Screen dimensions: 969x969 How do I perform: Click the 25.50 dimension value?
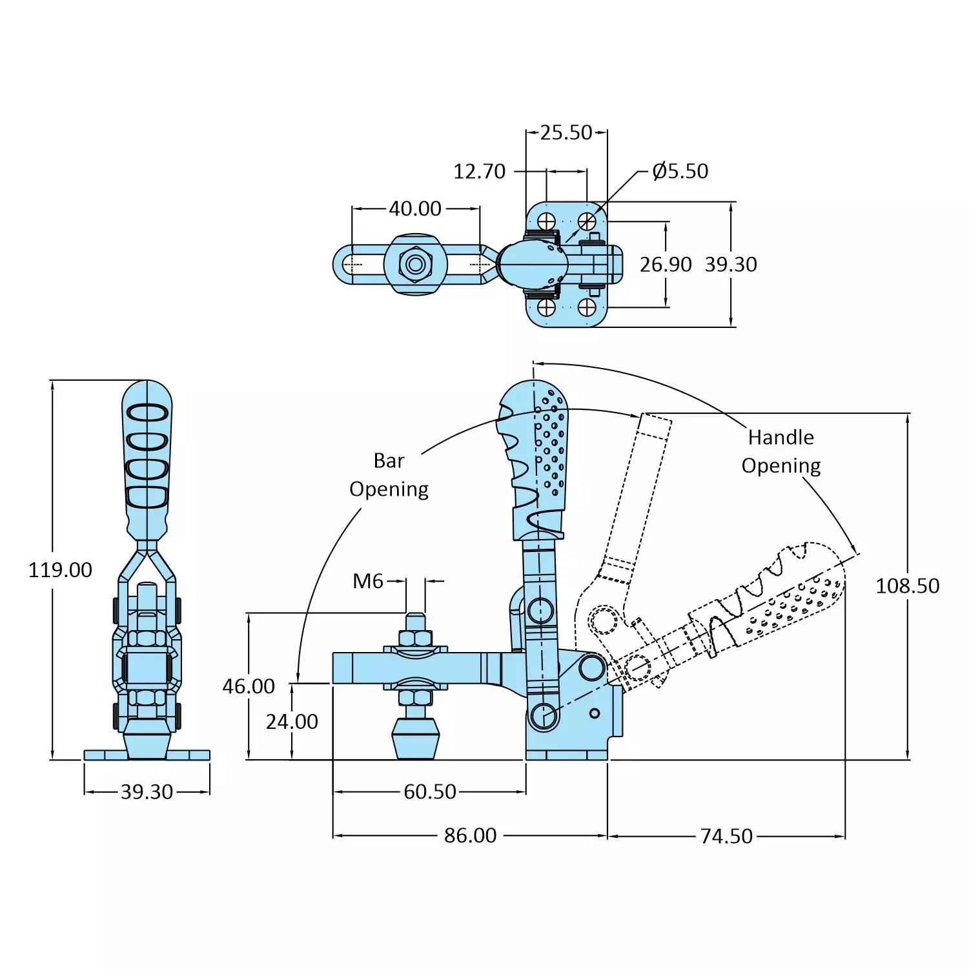tap(566, 133)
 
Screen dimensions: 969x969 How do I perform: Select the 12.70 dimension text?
tap(479, 172)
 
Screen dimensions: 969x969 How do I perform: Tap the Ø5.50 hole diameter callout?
tap(680, 171)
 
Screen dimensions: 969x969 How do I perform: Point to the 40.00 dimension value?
tap(415, 209)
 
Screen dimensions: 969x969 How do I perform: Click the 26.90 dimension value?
tap(665, 265)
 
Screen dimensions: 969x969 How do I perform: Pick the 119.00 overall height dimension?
tap(60, 570)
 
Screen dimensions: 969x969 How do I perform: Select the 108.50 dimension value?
tap(907, 586)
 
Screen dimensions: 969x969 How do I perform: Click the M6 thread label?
tap(368, 582)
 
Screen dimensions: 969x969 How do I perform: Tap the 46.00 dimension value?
tap(249, 686)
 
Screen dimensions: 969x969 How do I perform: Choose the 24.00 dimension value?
tap(292, 722)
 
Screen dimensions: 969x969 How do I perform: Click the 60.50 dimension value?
tap(430, 792)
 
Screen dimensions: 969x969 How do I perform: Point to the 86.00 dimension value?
tap(470, 836)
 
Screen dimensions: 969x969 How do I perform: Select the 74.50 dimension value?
tap(726, 837)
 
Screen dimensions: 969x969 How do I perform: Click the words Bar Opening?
tap(389, 475)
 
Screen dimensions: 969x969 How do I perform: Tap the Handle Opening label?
tap(780, 451)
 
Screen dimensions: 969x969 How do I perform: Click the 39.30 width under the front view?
tap(147, 792)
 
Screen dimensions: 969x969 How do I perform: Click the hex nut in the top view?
tap(416, 264)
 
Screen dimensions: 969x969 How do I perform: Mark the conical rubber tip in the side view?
tap(416, 739)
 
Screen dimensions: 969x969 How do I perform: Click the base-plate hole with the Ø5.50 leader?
tap(587, 221)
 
